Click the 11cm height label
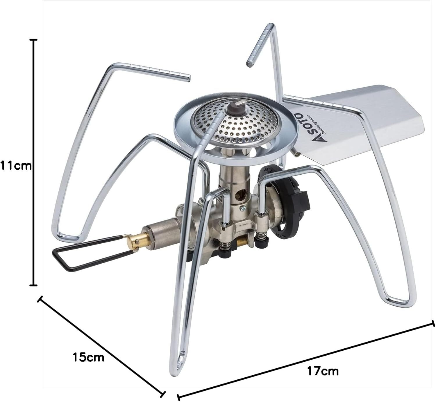pyautogui.click(x=16, y=166)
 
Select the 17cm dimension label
pyautogui.click(x=323, y=365)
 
